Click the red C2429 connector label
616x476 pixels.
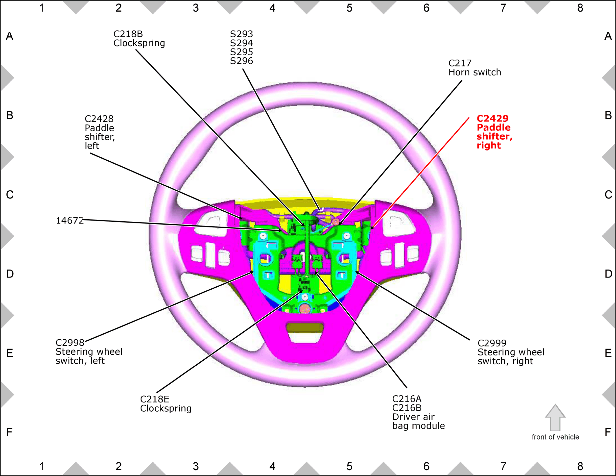[x=495, y=132]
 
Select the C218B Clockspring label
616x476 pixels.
[x=139, y=38]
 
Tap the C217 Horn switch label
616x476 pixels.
[x=475, y=68]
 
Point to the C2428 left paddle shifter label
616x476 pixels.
[x=100, y=132]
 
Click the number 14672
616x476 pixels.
[x=69, y=221]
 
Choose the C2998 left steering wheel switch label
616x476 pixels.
[x=89, y=352]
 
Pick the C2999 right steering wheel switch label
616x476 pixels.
[x=511, y=352]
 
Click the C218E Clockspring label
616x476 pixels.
[x=166, y=404]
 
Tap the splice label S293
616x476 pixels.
[x=241, y=34]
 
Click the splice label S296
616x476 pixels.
[x=241, y=61]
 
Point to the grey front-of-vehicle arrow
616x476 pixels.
[x=555, y=417]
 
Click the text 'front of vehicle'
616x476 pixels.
[x=555, y=437]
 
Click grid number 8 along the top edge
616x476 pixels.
[x=580, y=8]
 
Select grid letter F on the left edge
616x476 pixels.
[x=9, y=432]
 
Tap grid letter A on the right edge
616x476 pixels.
[x=608, y=36]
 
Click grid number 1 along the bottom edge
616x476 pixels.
[x=42, y=466]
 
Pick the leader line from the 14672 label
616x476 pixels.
[x=182, y=225]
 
